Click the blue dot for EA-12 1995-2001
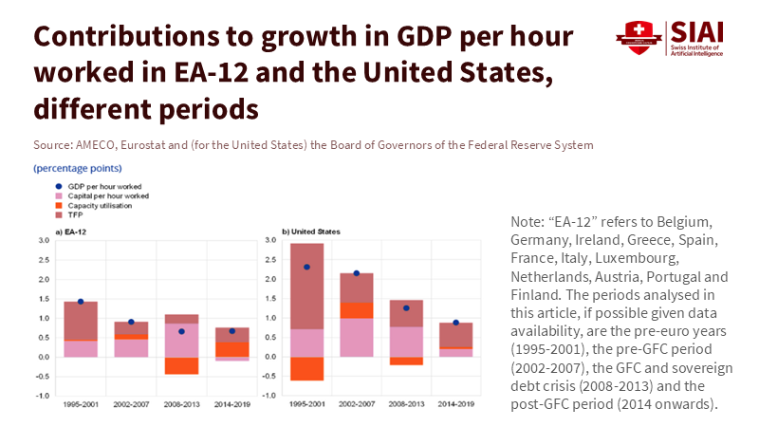pyautogui.click(x=81, y=302)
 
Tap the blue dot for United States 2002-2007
pyautogui.click(x=357, y=273)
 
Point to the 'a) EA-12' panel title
pyautogui.click(x=72, y=231)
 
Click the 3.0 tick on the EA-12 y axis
pyautogui.click(x=43, y=241)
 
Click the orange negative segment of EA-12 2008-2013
pyautogui.click(x=181, y=365)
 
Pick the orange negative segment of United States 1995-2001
pyautogui.click(x=307, y=368)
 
